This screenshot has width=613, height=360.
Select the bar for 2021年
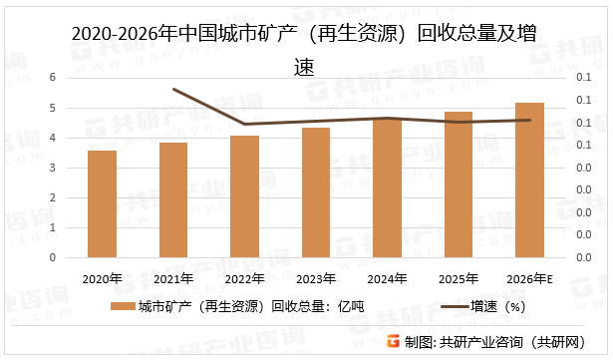(173, 199)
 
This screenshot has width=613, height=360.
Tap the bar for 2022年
(245, 196)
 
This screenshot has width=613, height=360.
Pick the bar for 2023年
(316, 192)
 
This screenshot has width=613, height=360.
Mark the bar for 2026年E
(529, 180)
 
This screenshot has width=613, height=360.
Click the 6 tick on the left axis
(53, 78)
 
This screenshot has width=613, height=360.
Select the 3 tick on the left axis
(53, 168)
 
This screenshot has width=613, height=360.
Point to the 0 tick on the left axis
(53, 257)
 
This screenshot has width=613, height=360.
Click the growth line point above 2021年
(173, 89)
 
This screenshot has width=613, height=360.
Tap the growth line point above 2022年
(245, 125)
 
